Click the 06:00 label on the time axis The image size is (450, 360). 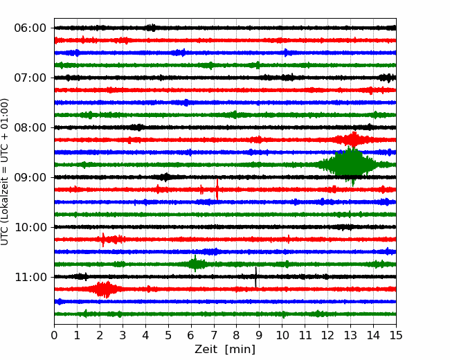[30, 28]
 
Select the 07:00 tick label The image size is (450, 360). [30, 78]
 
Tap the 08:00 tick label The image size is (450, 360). [30, 127]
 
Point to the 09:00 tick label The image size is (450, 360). [30, 177]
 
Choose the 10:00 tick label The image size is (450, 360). [30, 227]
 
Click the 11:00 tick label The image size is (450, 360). [30, 277]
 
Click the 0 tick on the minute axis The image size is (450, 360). [54, 335]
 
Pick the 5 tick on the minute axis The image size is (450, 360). [168, 335]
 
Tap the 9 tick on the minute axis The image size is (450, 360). [260, 335]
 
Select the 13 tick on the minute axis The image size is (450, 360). [350, 335]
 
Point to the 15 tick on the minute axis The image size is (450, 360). [396, 335]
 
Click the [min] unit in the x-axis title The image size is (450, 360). [240, 350]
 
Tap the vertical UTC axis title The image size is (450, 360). [5, 172]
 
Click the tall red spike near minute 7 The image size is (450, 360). [217, 189]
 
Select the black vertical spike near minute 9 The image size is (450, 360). [255, 277]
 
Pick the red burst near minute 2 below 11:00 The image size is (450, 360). [104, 289]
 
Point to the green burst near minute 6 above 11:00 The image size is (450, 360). [195, 264]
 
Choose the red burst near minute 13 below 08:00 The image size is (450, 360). [354, 140]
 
